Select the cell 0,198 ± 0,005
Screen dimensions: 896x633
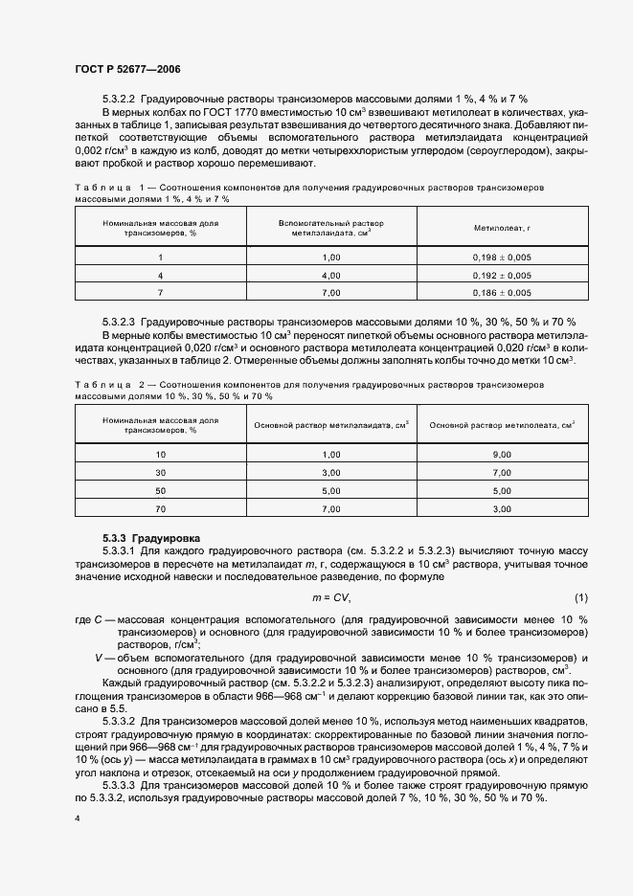coord(502,258)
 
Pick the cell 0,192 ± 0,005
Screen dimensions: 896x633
coord(502,276)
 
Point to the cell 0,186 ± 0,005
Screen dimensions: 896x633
coord(502,293)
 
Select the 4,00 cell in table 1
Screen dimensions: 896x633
coord(331,276)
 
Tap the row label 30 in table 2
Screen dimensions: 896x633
coord(161,473)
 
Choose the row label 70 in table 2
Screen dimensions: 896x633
coord(161,508)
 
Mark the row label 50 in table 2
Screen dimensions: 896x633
coord(161,491)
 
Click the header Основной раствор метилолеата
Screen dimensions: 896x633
coord(502,425)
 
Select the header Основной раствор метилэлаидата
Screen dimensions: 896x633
coord(331,425)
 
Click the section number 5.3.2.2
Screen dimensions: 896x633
coord(120,99)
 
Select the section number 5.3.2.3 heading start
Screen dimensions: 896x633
coord(120,323)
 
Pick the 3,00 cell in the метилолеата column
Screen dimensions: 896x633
coord(502,508)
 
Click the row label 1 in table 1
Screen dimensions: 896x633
coord(161,258)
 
